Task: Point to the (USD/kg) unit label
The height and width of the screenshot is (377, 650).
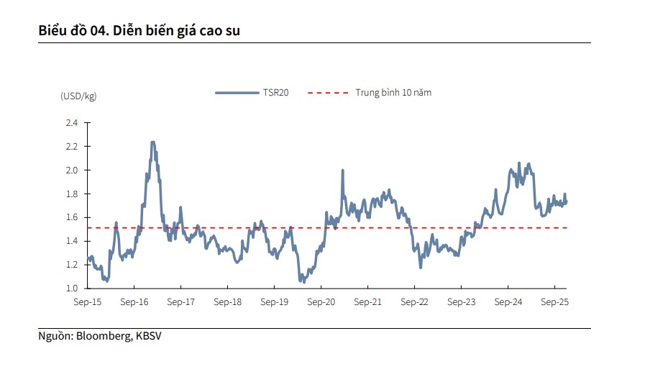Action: [78, 96]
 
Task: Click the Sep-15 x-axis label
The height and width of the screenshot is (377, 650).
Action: [88, 302]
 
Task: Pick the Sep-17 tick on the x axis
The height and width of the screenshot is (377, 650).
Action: [181, 302]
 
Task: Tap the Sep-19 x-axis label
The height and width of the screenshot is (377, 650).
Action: [275, 302]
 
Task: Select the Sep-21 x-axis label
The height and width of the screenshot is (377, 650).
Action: [367, 302]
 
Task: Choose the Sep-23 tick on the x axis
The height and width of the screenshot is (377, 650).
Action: [461, 302]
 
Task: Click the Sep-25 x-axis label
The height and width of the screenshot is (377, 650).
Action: [554, 302]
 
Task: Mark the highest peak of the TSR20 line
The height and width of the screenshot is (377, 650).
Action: [152, 142]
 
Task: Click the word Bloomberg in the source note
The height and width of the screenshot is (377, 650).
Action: [104, 335]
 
